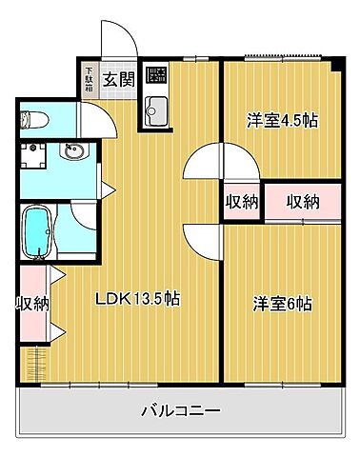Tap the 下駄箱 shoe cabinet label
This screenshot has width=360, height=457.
pyautogui.click(x=89, y=77)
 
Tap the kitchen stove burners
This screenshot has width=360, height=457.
pyautogui.click(x=155, y=78)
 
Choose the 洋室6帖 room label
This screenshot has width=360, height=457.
pyautogui.click(x=281, y=304)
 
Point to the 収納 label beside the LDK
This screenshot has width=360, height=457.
pyautogui.click(x=31, y=304)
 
